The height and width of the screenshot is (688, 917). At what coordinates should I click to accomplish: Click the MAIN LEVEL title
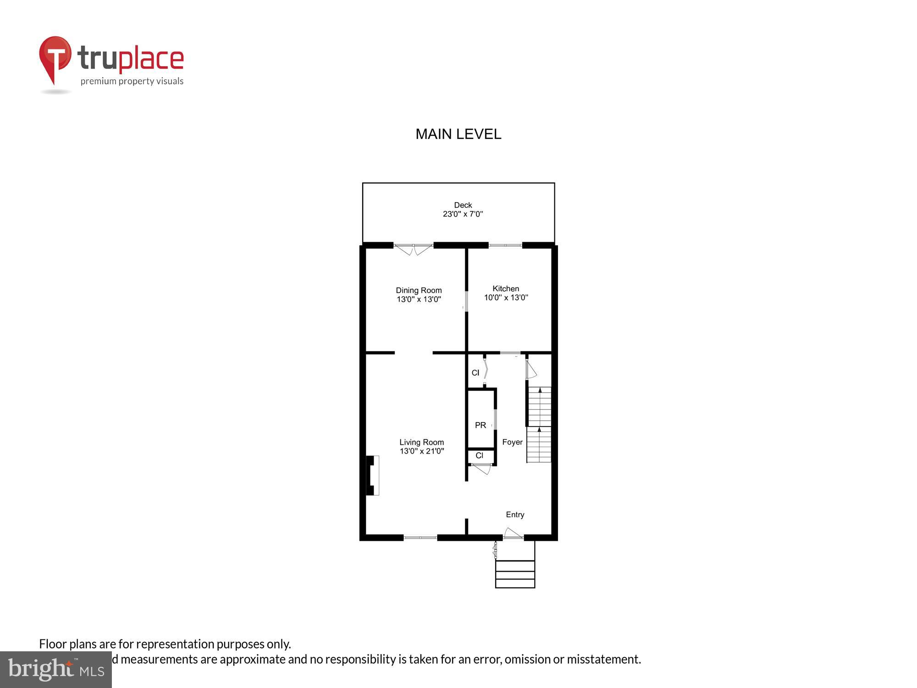coord(458,134)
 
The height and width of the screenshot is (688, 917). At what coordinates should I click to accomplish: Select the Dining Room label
coord(419,294)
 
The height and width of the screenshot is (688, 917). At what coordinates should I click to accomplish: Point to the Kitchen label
coord(506,293)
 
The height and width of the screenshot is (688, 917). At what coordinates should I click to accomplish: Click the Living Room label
coord(421,446)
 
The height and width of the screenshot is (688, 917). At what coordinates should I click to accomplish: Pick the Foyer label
coord(512,442)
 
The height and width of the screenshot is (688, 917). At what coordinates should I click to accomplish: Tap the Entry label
coord(515,515)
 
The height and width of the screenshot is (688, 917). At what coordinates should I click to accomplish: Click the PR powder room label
coord(480,425)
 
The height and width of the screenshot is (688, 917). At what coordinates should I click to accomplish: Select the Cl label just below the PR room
coord(479,455)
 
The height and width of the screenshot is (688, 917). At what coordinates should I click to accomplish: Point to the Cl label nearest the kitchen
coord(475,373)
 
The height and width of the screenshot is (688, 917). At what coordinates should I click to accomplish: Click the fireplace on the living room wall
coord(372,475)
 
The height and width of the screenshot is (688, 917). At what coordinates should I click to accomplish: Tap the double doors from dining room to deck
coord(414,249)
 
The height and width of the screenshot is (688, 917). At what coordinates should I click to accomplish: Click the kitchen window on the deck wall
coord(505,245)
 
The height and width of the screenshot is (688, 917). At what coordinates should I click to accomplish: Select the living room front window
coord(420,537)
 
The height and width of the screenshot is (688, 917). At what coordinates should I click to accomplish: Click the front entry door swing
coord(513,534)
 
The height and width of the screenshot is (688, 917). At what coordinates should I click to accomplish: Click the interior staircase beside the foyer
coord(539,424)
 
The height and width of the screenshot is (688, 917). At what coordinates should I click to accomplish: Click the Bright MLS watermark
coord(56,670)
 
